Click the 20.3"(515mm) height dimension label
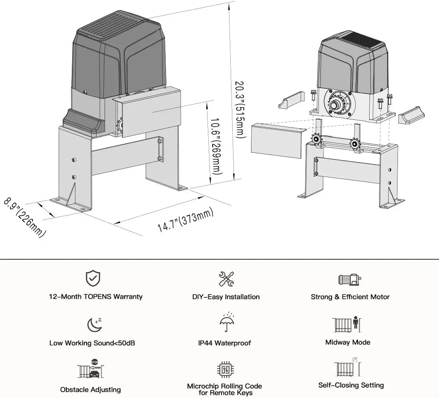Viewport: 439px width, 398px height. point(240,109)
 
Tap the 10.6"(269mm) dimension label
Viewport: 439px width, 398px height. point(216,146)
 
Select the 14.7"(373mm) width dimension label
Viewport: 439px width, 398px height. point(185,220)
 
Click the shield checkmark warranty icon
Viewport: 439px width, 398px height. point(93,278)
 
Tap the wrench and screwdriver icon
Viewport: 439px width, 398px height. point(226,279)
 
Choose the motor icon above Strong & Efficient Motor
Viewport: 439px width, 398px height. point(350,279)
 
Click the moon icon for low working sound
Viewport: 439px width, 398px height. point(94,324)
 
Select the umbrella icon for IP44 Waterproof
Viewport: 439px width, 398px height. point(227,322)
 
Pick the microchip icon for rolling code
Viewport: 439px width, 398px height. point(225,369)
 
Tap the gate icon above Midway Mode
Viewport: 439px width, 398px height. point(346,324)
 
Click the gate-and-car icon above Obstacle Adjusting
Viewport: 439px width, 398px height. point(91,368)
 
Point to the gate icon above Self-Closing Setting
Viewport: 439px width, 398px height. point(348,367)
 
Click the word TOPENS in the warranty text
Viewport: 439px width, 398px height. point(97,297)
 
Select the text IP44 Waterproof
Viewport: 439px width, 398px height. point(225,343)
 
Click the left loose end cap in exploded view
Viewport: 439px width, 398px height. point(291,100)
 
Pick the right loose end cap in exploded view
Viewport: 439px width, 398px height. point(411,115)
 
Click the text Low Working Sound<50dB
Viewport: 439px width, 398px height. point(92,343)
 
